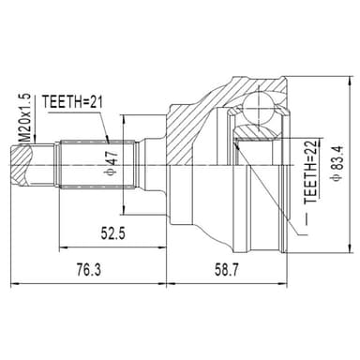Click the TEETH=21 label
point(72,101)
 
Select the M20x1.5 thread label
point(24,118)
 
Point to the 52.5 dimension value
point(112,232)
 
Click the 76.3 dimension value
point(89,269)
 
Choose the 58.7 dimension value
point(226,269)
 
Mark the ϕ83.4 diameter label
point(338,162)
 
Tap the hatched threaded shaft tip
point(22,165)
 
